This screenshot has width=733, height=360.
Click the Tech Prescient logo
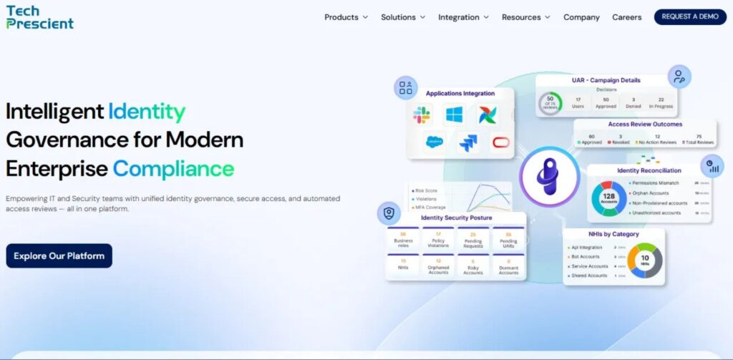coord(40,17)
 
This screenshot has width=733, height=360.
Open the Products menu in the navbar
coord(346,17)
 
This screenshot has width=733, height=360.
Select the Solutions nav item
coord(402,17)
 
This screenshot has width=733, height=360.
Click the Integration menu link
coord(463,17)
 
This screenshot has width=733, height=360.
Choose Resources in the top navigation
coord(526,17)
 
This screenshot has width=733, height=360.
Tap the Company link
coord(581,17)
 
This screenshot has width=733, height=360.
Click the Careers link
coord(627,17)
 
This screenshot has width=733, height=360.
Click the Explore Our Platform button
coord(59,256)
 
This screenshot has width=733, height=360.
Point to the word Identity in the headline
coord(147,111)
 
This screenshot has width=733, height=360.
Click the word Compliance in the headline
coord(173,168)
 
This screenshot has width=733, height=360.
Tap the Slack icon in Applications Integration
coord(422,114)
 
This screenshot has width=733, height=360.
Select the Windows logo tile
coord(454,114)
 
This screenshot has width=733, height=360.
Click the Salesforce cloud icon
coord(435,142)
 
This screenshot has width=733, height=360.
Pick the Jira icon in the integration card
coord(468,143)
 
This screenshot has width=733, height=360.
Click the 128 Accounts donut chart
coord(608,198)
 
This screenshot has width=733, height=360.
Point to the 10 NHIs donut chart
coord(644,261)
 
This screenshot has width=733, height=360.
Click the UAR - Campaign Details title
coord(606,80)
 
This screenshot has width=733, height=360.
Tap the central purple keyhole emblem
coord(549,175)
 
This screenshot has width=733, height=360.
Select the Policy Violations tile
coord(438,239)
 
